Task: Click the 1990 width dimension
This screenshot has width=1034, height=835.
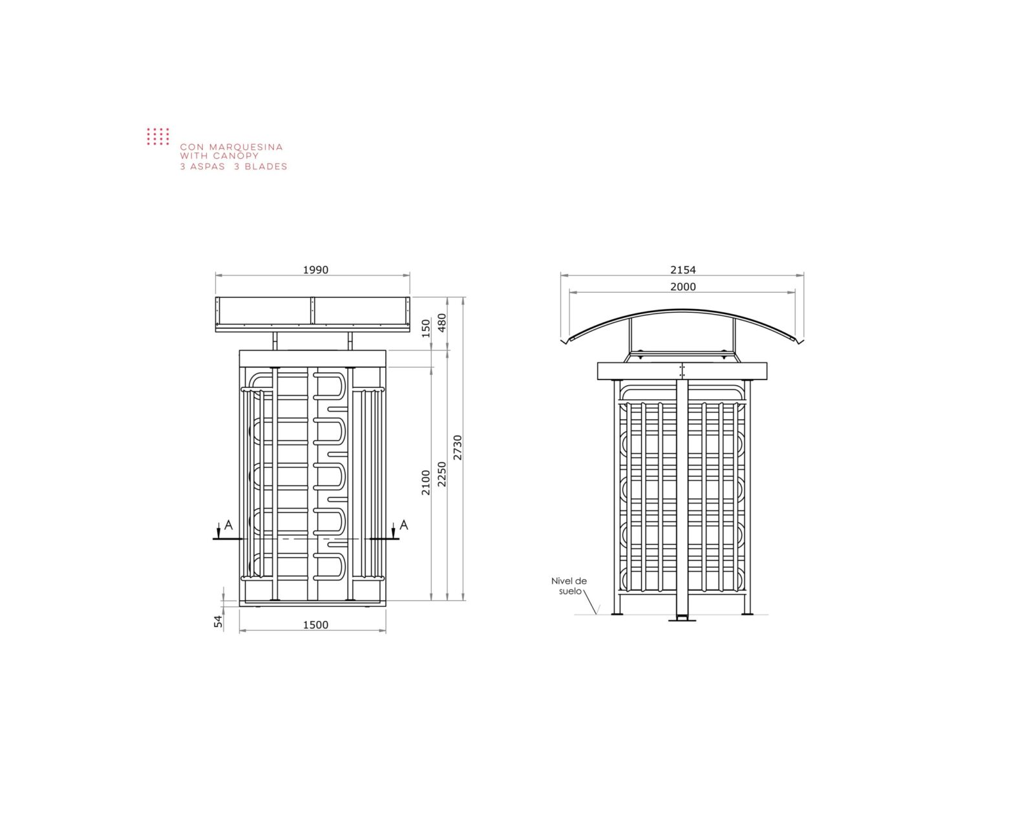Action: (x=315, y=270)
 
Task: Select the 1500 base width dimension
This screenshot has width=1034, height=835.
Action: (x=315, y=625)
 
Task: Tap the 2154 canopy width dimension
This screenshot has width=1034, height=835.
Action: (x=683, y=270)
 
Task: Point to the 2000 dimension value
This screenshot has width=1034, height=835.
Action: (x=683, y=287)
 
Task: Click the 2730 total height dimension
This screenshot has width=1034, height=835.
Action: (x=458, y=448)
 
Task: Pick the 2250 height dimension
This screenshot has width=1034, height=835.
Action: (x=442, y=474)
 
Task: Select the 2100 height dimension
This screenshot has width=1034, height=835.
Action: (x=426, y=483)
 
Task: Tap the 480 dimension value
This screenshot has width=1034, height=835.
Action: (x=442, y=323)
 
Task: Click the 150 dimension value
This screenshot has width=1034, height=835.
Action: (x=426, y=328)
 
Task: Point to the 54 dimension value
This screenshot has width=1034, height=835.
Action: (x=218, y=621)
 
